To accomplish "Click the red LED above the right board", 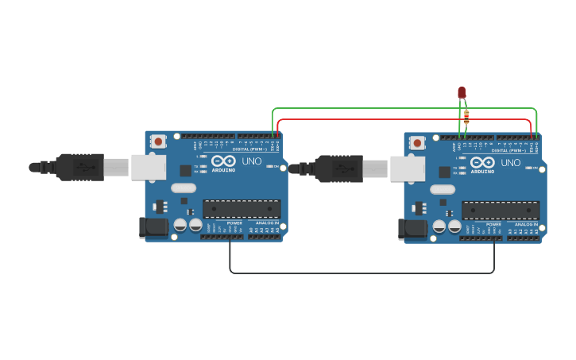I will pyautogui.click(x=462, y=93).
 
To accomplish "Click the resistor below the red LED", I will pyautogui.click(x=466, y=117).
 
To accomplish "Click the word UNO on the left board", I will pyautogui.click(x=252, y=161).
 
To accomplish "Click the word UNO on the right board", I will pyautogui.click(x=511, y=163).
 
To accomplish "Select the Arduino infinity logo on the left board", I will pyautogui.click(x=223, y=161).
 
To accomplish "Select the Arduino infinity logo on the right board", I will pyautogui.click(x=482, y=163).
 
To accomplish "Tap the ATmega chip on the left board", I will pyautogui.click(x=242, y=209).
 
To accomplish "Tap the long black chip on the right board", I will pyautogui.click(x=501, y=211).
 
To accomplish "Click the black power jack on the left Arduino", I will pyautogui.click(x=153, y=227).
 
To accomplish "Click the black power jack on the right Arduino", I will pyautogui.click(x=412, y=229).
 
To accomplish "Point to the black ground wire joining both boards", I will pyautogui.click(x=361, y=273).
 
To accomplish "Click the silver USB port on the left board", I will pyautogui.click(x=148, y=167).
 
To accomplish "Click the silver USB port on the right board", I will pyautogui.click(x=407, y=168).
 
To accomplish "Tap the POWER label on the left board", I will pyautogui.click(x=235, y=223).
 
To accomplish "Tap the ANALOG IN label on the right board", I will pyautogui.click(x=525, y=225).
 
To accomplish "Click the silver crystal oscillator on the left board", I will pyautogui.click(x=183, y=188).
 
